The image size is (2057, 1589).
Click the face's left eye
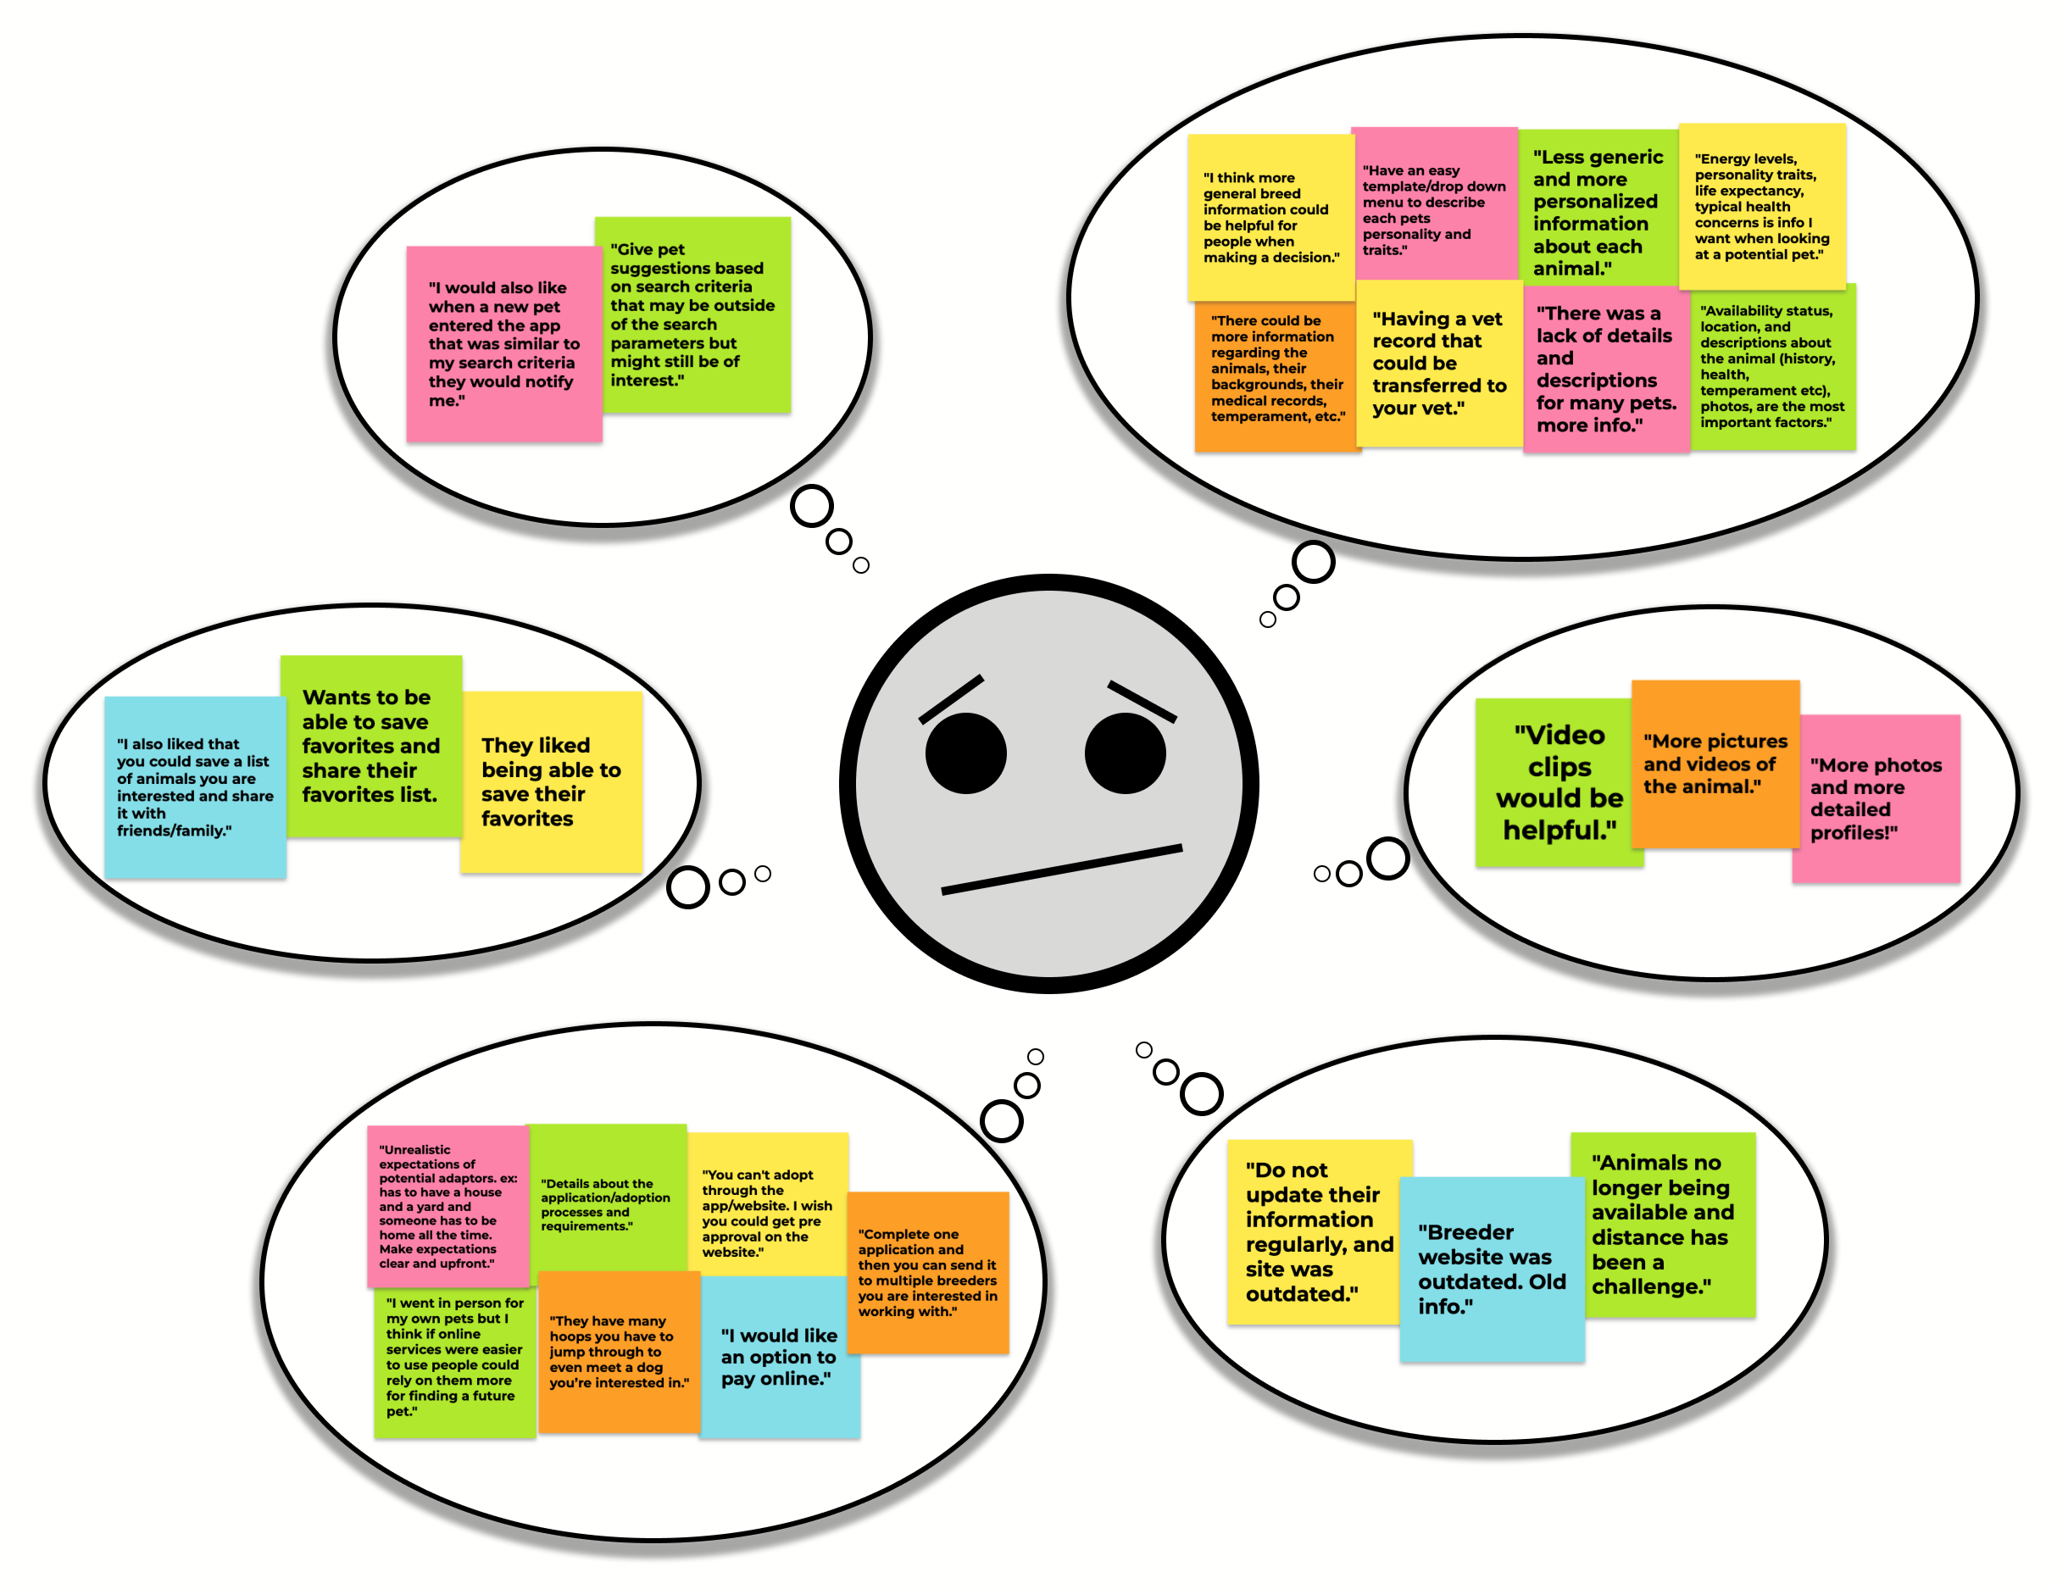(x=965, y=753)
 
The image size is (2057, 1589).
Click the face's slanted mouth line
(x=1061, y=870)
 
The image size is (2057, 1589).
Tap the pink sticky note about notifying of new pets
(x=504, y=344)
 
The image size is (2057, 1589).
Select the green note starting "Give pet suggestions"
(x=693, y=314)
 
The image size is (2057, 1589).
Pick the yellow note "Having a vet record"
(x=1438, y=364)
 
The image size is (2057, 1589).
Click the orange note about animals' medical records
(x=1276, y=375)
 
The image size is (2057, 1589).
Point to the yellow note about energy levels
(x=1761, y=206)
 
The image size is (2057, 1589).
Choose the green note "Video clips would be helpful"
(x=1558, y=781)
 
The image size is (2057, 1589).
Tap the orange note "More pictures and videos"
(x=1714, y=763)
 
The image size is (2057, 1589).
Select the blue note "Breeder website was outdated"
(x=1491, y=1268)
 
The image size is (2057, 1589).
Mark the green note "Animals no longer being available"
(x=1662, y=1224)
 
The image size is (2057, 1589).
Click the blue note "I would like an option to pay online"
(x=779, y=1356)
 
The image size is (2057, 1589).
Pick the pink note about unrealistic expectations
(x=448, y=1206)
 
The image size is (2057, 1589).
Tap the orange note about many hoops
(x=618, y=1352)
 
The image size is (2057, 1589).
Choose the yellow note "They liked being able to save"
(x=551, y=781)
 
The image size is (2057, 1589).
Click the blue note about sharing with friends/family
(x=195, y=787)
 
